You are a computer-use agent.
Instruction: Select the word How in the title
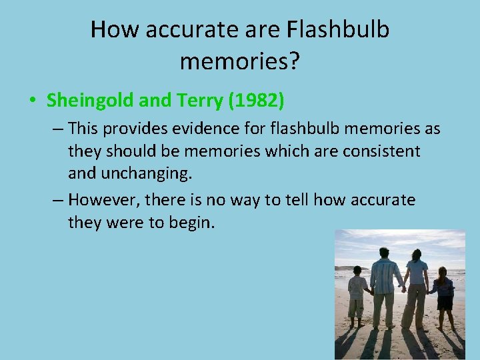click(112, 30)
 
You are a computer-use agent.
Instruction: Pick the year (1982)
click(256, 101)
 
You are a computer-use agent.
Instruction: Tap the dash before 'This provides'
click(57, 128)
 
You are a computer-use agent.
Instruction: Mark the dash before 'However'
click(57, 200)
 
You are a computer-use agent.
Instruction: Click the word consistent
click(381, 151)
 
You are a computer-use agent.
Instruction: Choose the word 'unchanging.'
click(146, 174)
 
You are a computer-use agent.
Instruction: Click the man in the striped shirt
click(384, 283)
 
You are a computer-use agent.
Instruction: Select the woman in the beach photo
click(417, 287)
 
